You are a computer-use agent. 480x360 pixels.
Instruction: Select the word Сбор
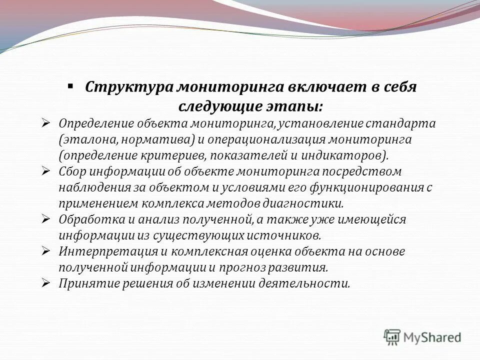pyautogui.click(x=72, y=171)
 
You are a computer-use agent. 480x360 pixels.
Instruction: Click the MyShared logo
pyautogui.click(x=423, y=337)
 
